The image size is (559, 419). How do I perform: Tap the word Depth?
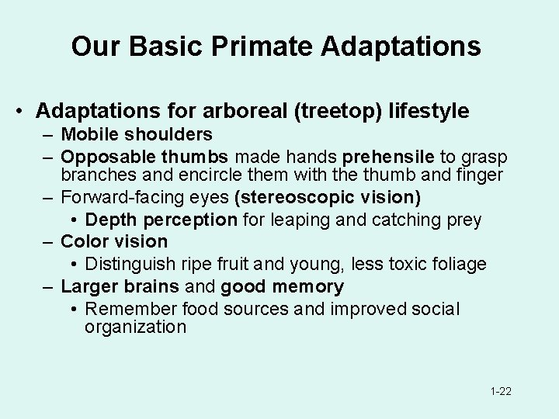click(x=110, y=220)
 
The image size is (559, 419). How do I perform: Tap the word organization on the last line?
click(x=135, y=327)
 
